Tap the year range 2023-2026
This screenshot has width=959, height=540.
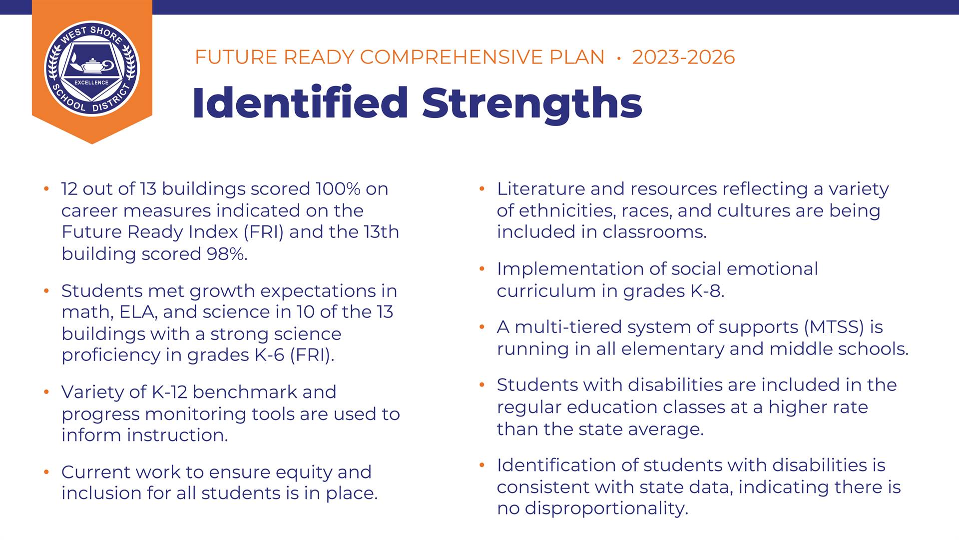pyautogui.click(x=683, y=57)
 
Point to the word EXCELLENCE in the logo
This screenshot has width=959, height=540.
pyautogui.click(x=91, y=82)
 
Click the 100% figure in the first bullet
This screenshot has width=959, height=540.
pyautogui.click(x=338, y=189)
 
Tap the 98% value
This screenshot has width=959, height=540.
pyautogui.click(x=227, y=254)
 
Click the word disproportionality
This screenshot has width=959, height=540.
pyautogui.click(x=606, y=508)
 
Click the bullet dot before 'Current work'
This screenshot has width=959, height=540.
pyautogui.click(x=46, y=471)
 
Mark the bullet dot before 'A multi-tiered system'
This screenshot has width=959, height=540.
pyautogui.click(x=482, y=327)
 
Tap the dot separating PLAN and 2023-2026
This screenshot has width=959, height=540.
pyautogui.click(x=619, y=58)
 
